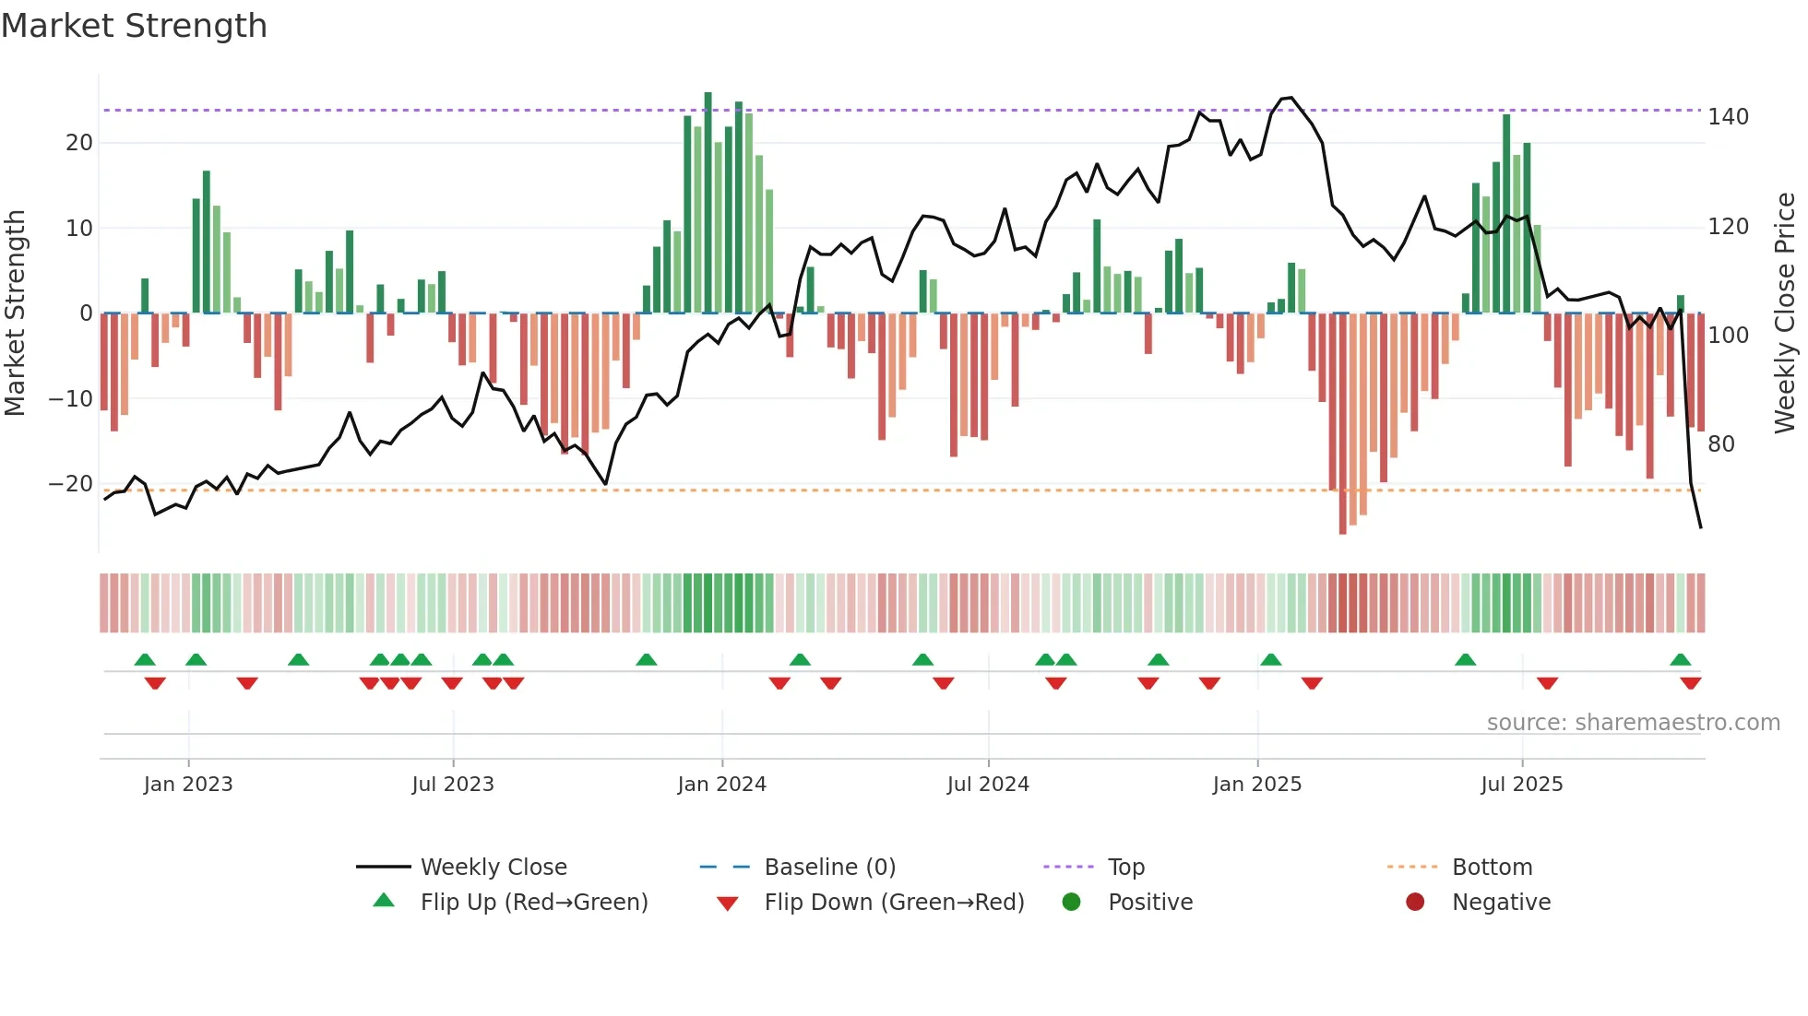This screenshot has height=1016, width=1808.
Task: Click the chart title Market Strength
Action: [x=134, y=26]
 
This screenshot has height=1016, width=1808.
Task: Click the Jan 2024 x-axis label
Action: [x=721, y=785]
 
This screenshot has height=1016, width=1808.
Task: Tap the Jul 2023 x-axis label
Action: [x=453, y=785]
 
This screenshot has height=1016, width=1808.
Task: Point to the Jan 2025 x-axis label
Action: [x=1256, y=785]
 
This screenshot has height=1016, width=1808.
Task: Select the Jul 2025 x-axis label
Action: [x=1521, y=785]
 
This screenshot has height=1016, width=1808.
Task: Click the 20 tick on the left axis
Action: [x=79, y=143]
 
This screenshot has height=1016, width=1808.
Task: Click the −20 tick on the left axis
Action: [x=71, y=484]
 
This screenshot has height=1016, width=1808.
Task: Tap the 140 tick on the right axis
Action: [x=1728, y=117]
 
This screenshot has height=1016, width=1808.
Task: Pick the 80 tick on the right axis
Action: [x=1721, y=444]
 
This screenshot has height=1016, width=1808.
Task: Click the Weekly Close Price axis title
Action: [x=1785, y=313]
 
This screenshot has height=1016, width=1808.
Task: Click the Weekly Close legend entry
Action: [x=493, y=868]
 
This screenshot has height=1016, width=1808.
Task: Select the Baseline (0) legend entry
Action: [x=829, y=868]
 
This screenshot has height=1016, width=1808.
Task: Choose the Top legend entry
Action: [x=1125, y=868]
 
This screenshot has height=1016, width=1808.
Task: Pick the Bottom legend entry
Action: [x=1492, y=868]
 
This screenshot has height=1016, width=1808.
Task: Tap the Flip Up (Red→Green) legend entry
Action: [x=533, y=903]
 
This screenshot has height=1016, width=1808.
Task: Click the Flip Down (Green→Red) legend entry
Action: [x=893, y=903]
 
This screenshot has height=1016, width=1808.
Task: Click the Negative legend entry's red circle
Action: [x=1415, y=902]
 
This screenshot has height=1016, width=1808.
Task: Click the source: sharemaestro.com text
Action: [x=1633, y=723]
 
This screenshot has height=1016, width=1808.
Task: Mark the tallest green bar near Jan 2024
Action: [x=708, y=203]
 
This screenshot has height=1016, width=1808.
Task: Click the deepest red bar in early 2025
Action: [x=1342, y=424]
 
